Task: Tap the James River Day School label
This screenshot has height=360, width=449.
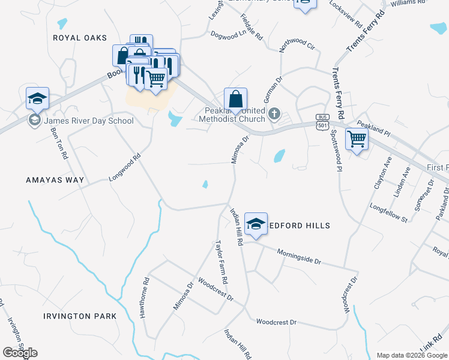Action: pos(89,121)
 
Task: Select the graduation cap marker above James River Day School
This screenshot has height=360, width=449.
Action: pos(37,98)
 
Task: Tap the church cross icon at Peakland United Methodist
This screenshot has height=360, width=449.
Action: pos(274,113)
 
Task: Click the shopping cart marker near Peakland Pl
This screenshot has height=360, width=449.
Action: pos(357,140)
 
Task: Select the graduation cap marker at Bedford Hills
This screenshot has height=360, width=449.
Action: pos(256,224)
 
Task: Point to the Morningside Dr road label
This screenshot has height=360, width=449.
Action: pos(300,257)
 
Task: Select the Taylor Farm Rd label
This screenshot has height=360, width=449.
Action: pos(222,262)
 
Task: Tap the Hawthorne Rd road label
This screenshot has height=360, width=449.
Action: pos(144,298)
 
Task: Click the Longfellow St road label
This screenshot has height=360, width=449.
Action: pos(388,215)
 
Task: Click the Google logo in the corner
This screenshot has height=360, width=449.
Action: pos(20,353)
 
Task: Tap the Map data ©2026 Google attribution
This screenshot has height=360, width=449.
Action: pos(411,355)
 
